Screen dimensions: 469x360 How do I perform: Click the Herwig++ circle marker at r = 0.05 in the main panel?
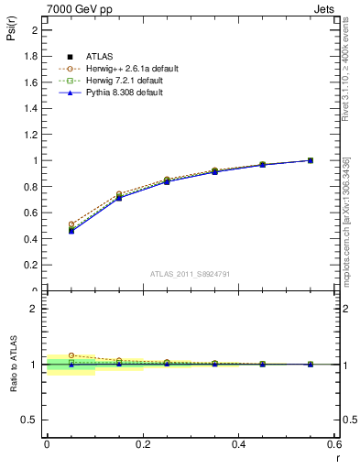(71, 224)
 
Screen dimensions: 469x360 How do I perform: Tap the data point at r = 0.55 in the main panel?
(311, 160)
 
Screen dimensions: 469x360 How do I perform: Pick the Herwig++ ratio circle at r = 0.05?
(71, 355)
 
